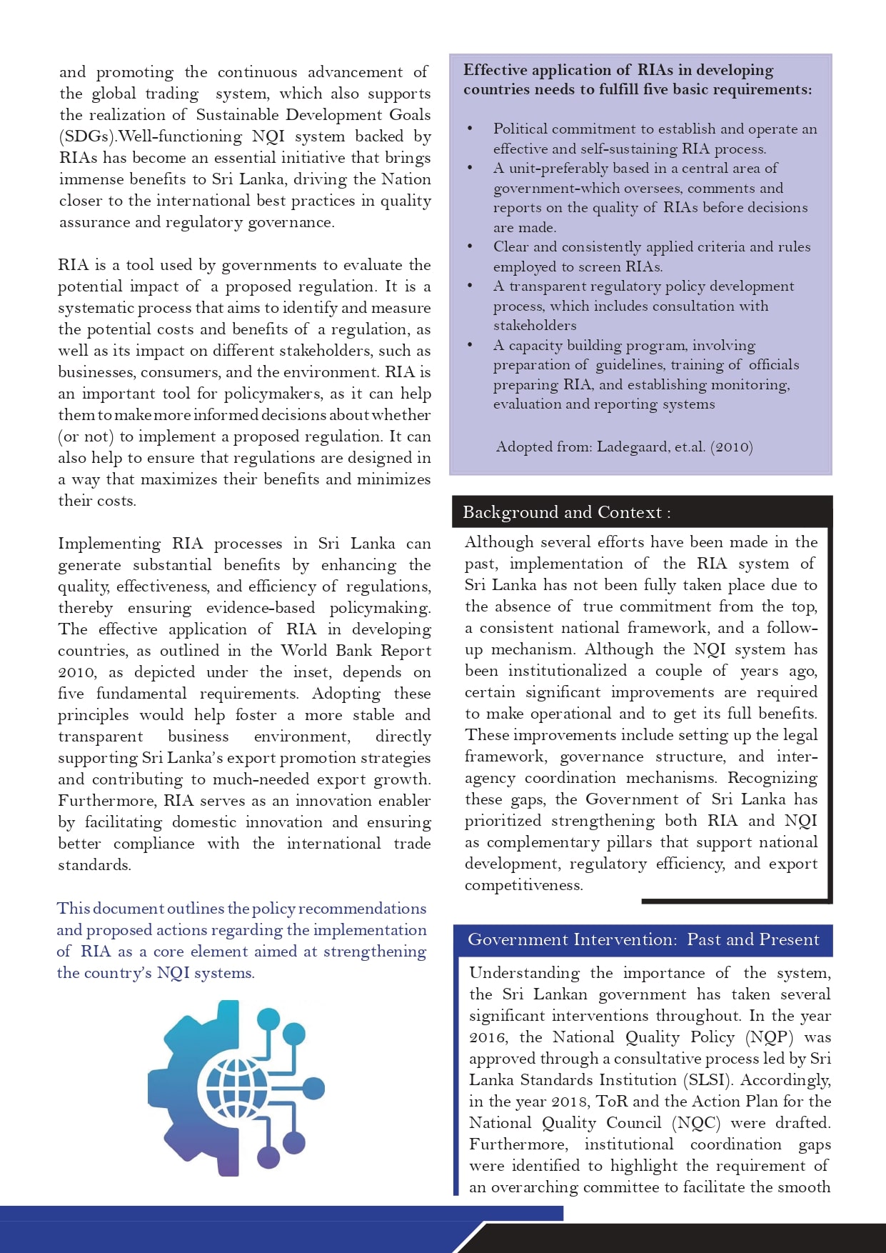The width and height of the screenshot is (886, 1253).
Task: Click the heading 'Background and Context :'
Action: (566, 512)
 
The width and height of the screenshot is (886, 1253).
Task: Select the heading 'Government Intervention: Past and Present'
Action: (643, 939)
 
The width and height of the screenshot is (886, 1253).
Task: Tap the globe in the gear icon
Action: (236, 1088)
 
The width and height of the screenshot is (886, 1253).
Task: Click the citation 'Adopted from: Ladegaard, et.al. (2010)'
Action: (624, 447)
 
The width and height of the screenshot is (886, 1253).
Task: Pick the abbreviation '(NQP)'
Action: (770, 1037)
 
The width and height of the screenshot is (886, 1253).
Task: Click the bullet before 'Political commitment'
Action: (470, 129)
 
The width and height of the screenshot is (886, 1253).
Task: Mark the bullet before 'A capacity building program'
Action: (470, 345)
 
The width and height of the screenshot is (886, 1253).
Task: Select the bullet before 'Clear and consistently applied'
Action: (470, 246)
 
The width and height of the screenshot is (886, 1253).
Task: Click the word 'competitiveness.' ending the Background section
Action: (523, 885)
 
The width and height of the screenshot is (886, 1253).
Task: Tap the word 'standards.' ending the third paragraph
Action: (94, 865)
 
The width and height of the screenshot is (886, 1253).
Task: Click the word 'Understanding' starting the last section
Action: (524, 973)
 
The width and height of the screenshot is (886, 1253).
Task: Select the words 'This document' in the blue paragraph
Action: (110, 909)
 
